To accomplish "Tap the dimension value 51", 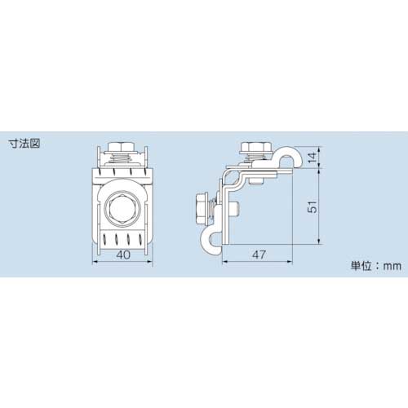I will (x=312, y=208).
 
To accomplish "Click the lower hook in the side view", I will (x=208, y=240).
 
